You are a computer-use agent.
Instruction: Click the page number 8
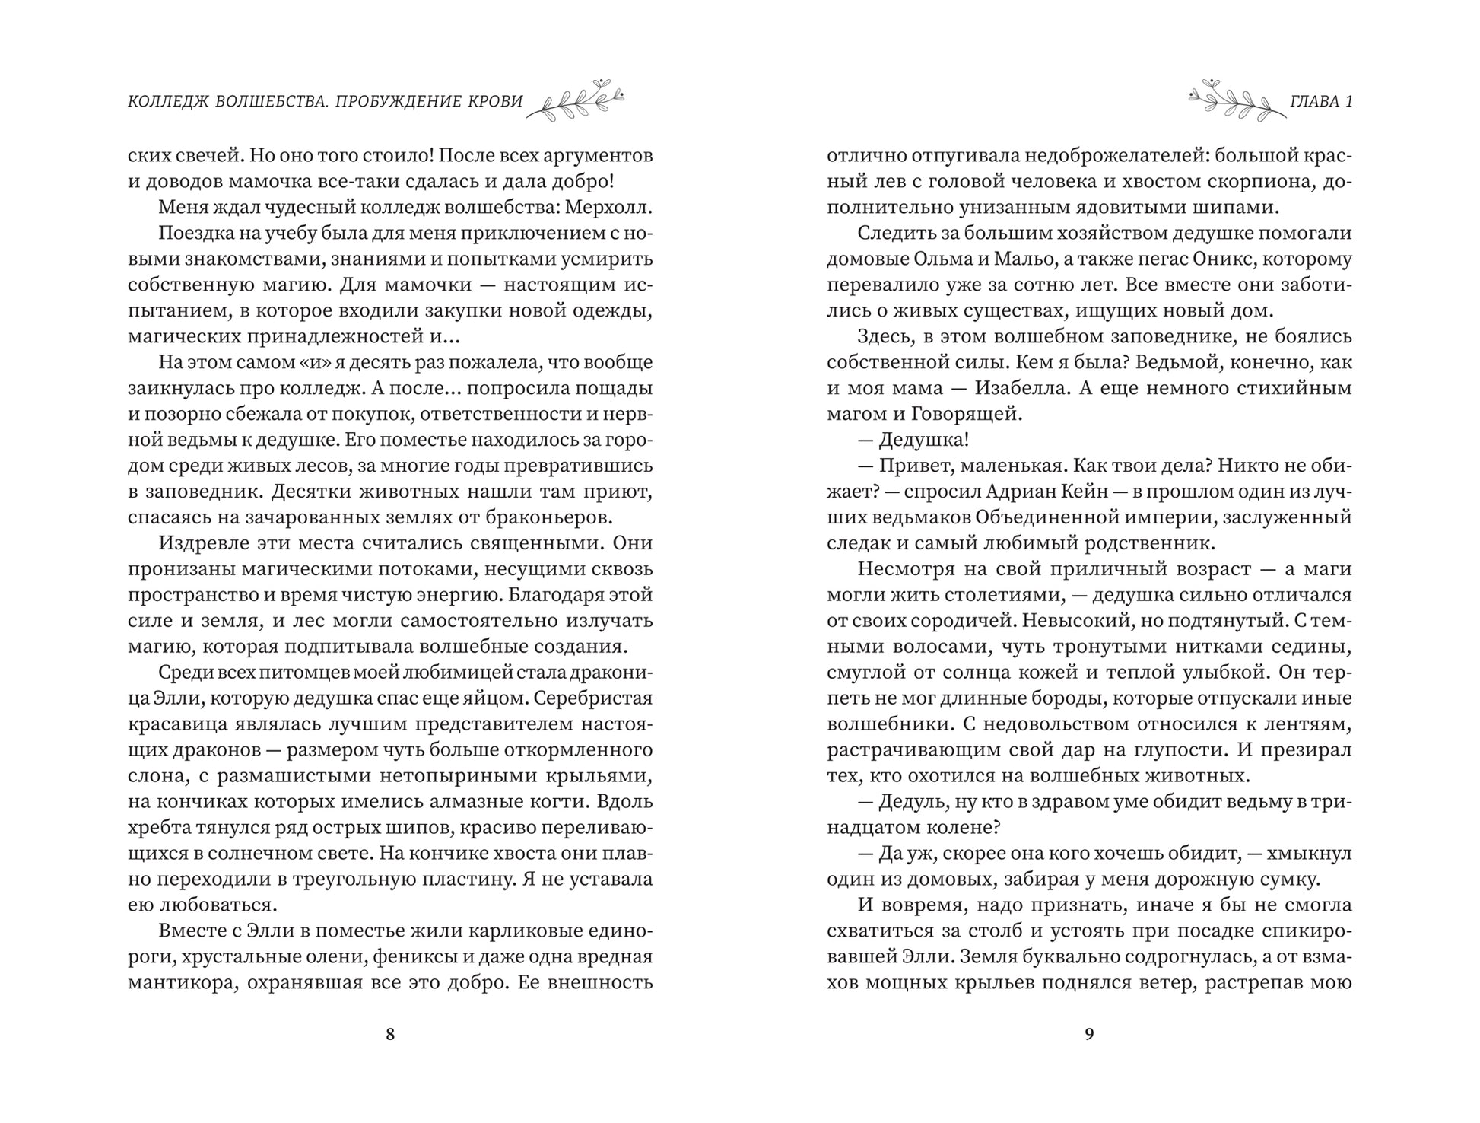[x=390, y=1034]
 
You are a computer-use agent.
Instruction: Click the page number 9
[x=1089, y=1034]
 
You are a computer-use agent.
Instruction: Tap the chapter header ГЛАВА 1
[x=1322, y=102]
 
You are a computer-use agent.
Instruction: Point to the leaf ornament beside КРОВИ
[x=576, y=100]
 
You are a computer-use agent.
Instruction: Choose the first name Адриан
[x=1005, y=492]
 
